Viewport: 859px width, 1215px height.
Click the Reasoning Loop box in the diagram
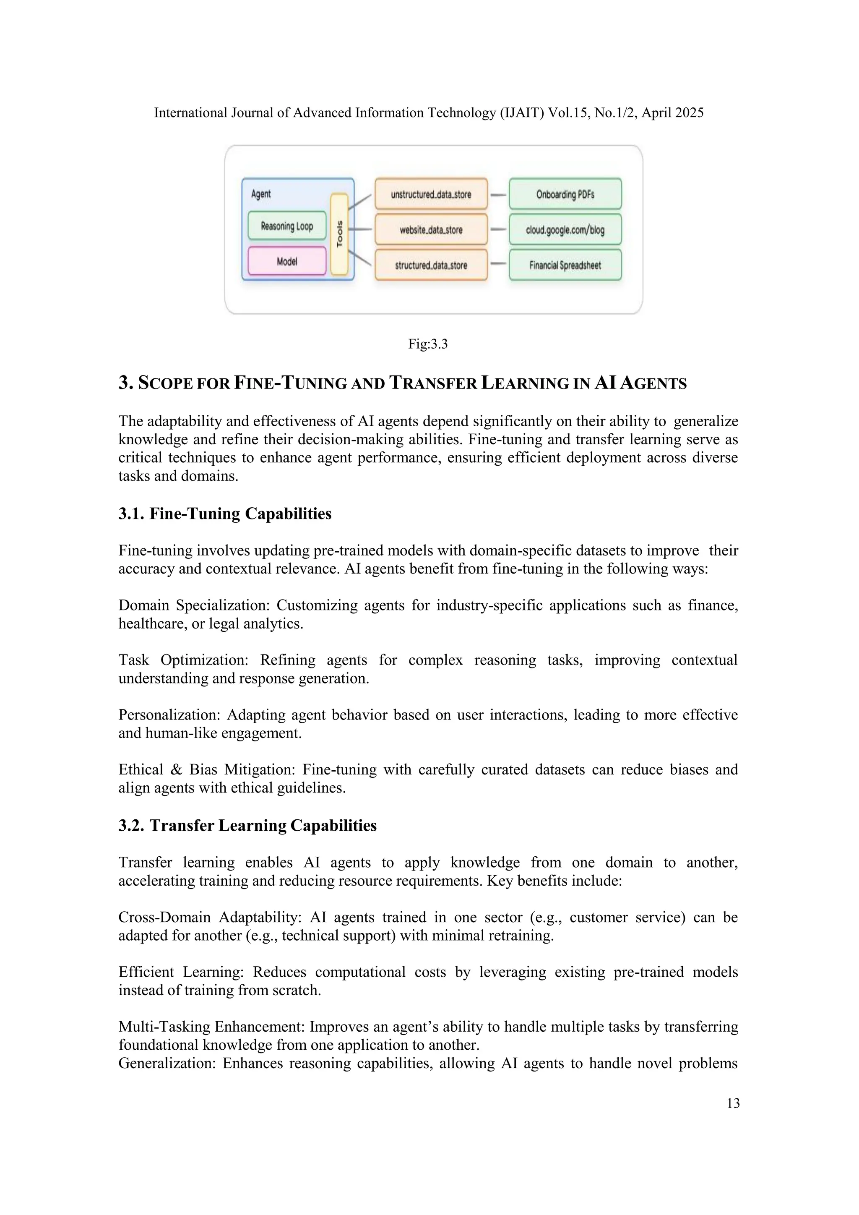click(287, 226)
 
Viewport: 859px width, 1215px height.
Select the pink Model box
click(287, 261)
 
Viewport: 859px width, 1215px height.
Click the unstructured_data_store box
click(431, 194)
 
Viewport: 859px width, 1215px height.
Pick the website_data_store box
click(431, 229)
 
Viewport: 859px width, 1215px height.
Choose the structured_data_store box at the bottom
click(431, 265)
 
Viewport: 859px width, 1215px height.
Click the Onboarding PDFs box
click(565, 194)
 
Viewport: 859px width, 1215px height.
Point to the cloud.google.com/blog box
click(565, 229)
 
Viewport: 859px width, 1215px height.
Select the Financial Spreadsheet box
click(565, 265)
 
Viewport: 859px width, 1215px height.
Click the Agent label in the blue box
click(261, 194)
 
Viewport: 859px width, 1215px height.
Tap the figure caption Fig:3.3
click(428, 344)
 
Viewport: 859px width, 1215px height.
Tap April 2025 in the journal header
click(672, 113)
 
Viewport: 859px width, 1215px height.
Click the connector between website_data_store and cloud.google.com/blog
click(498, 229)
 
